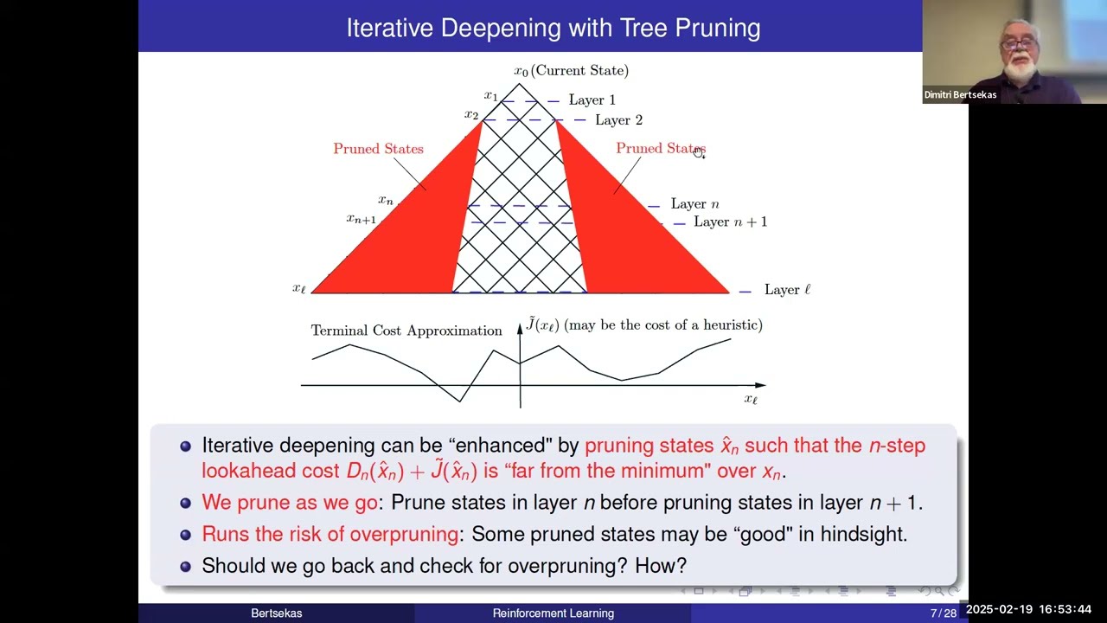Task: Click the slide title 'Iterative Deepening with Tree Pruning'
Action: (x=553, y=28)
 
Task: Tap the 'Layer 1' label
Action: (x=592, y=100)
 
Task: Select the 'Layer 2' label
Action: (x=618, y=120)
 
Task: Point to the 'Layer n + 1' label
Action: (x=730, y=222)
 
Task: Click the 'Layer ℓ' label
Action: (x=787, y=290)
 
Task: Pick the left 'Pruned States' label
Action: (x=378, y=149)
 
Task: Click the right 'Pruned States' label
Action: (x=660, y=149)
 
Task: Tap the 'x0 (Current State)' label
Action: (x=571, y=71)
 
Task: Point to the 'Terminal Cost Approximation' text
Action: (x=406, y=331)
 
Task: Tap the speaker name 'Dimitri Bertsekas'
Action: (x=960, y=95)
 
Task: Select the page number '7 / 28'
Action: (x=943, y=613)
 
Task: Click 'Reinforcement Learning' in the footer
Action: (x=553, y=613)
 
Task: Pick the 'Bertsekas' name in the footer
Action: (x=276, y=613)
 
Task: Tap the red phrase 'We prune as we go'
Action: (x=289, y=503)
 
